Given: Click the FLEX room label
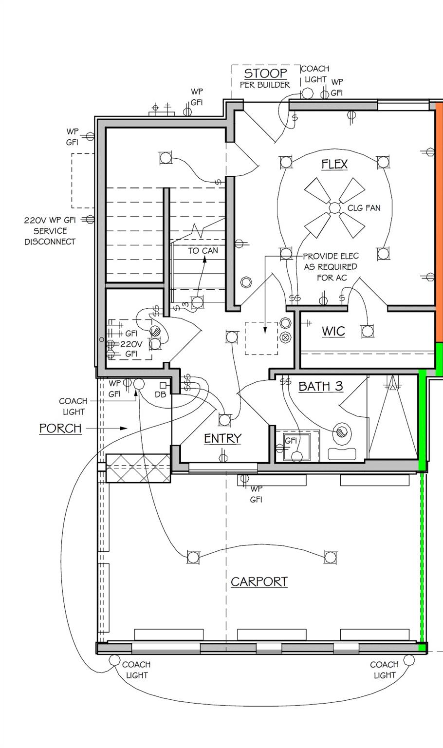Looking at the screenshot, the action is pyautogui.click(x=334, y=164).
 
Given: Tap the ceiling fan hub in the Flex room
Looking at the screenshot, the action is pyautogui.click(x=334, y=208).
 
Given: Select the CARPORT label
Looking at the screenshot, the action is pyautogui.click(x=259, y=582).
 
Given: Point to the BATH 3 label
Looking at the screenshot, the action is pyautogui.click(x=320, y=386).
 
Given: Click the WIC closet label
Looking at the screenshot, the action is pyautogui.click(x=333, y=331).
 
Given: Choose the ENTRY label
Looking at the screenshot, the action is pyautogui.click(x=222, y=438).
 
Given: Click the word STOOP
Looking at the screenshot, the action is pyautogui.click(x=265, y=73).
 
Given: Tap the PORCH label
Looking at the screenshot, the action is pyautogui.click(x=60, y=428).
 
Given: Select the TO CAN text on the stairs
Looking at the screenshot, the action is pyautogui.click(x=203, y=250).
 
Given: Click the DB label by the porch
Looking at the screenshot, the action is pyautogui.click(x=160, y=394).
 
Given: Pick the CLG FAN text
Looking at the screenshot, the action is pyautogui.click(x=364, y=208).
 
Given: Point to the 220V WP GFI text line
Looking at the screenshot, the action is pyautogui.click(x=50, y=220).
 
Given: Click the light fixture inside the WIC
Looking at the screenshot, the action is pyautogui.click(x=368, y=331).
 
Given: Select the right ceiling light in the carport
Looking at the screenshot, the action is pyautogui.click(x=330, y=557).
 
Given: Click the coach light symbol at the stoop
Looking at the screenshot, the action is pyautogui.click(x=307, y=93).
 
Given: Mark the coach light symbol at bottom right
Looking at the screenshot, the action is pyautogui.click(x=409, y=660).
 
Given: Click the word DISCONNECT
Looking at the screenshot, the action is pyautogui.click(x=50, y=242).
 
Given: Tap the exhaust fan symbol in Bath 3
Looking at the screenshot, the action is pyautogui.click(x=341, y=431).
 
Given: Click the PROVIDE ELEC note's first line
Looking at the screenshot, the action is pyautogui.click(x=331, y=256).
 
